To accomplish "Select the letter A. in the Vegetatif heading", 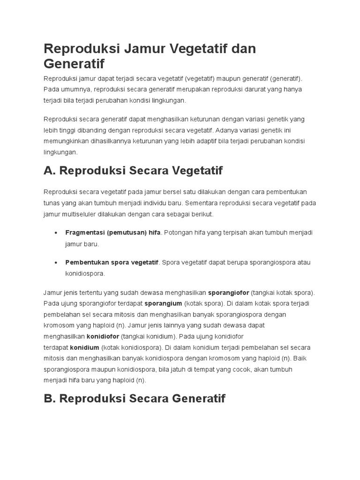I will click(x=50, y=171).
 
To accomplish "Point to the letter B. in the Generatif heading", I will click(x=50, y=398).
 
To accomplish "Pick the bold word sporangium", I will click(x=163, y=303).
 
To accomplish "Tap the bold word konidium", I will click(x=84, y=347).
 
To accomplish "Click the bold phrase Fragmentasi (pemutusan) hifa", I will click(x=113, y=233).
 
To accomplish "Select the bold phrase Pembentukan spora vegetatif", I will click(x=112, y=262).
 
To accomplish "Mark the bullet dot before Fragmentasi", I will click(x=56, y=233).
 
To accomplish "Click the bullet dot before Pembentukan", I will click(x=56, y=262).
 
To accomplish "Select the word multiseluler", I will click(x=81, y=214).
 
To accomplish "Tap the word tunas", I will click(x=52, y=203).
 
